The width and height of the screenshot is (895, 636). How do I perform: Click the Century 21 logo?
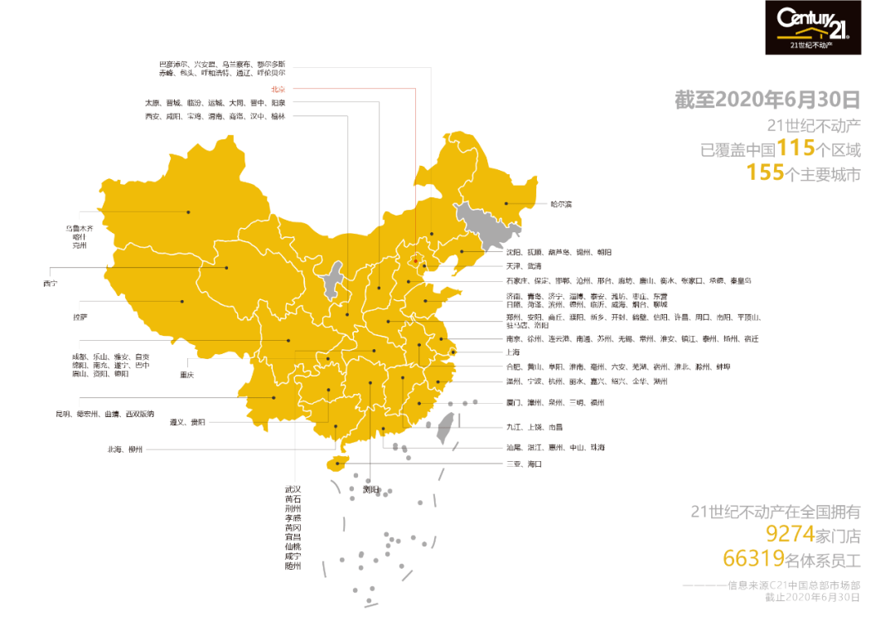(813, 27)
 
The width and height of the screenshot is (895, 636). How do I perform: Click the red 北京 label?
(278, 89)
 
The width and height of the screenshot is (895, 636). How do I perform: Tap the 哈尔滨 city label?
(561, 203)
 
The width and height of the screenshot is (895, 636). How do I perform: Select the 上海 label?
(515, 352)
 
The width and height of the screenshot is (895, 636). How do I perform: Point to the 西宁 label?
(51, 284)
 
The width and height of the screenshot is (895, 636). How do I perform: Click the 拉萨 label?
(80, 318)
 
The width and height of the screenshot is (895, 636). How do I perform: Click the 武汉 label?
(293, 489)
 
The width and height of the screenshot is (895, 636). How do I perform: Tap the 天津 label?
(513, 266)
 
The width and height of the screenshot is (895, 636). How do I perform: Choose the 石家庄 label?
(515, 281)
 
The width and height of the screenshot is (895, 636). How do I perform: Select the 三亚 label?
(514, 464)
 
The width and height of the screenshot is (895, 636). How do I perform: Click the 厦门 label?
(514, 403)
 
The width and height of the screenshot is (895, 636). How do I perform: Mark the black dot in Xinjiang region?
(188, 212)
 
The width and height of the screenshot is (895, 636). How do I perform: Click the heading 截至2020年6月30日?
(767, 100)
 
